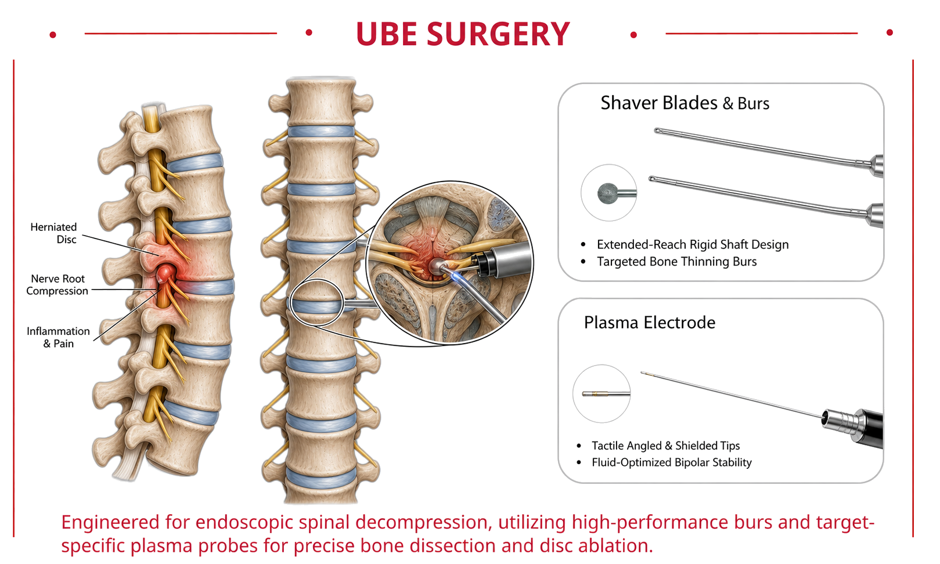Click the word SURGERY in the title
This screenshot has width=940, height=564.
click(498, 34)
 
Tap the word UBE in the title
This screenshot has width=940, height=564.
click(386, 34)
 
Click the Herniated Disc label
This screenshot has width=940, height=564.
click(54, 233)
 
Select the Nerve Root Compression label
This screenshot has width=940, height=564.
click(57, 285)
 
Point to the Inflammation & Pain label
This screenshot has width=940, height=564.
click(58, 337)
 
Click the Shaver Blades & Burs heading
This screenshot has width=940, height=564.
click(685, 103)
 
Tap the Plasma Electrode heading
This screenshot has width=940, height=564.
click(650, 323)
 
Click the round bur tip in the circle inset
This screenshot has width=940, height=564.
click(608, 193)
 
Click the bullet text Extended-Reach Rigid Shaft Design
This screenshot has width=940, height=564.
click(693, 244)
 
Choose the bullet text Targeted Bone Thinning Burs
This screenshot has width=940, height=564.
click(676, 262)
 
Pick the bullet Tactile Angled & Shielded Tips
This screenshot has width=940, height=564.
click(665, 445)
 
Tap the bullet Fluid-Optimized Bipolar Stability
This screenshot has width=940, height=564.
click(671, 462)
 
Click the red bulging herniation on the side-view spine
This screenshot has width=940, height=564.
click(165, 274)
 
